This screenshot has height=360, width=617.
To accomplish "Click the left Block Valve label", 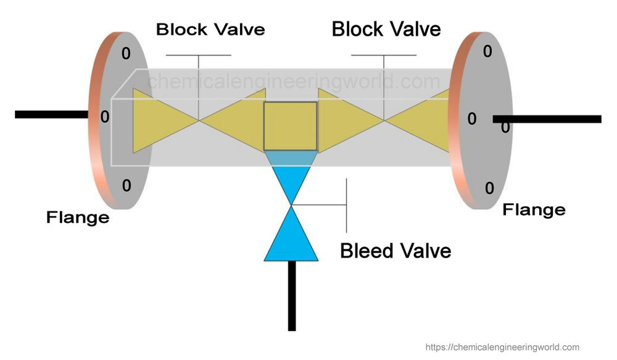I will point(210,29).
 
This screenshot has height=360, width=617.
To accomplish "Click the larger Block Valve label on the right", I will point(386,28).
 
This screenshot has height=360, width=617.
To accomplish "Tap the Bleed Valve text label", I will point(395,251).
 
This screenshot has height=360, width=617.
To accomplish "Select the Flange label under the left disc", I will point(78,217).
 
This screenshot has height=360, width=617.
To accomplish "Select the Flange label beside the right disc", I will point(534,209).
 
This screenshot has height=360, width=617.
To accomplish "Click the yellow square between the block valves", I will point(291,127).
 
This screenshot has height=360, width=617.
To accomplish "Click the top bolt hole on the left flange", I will point(126,54).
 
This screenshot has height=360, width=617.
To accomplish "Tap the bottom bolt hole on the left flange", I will point(126,185).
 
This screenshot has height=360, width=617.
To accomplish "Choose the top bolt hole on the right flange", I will point(487,51).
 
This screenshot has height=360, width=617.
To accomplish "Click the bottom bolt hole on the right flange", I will point(489,188).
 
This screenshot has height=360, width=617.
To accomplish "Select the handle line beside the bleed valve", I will point(347,204).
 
